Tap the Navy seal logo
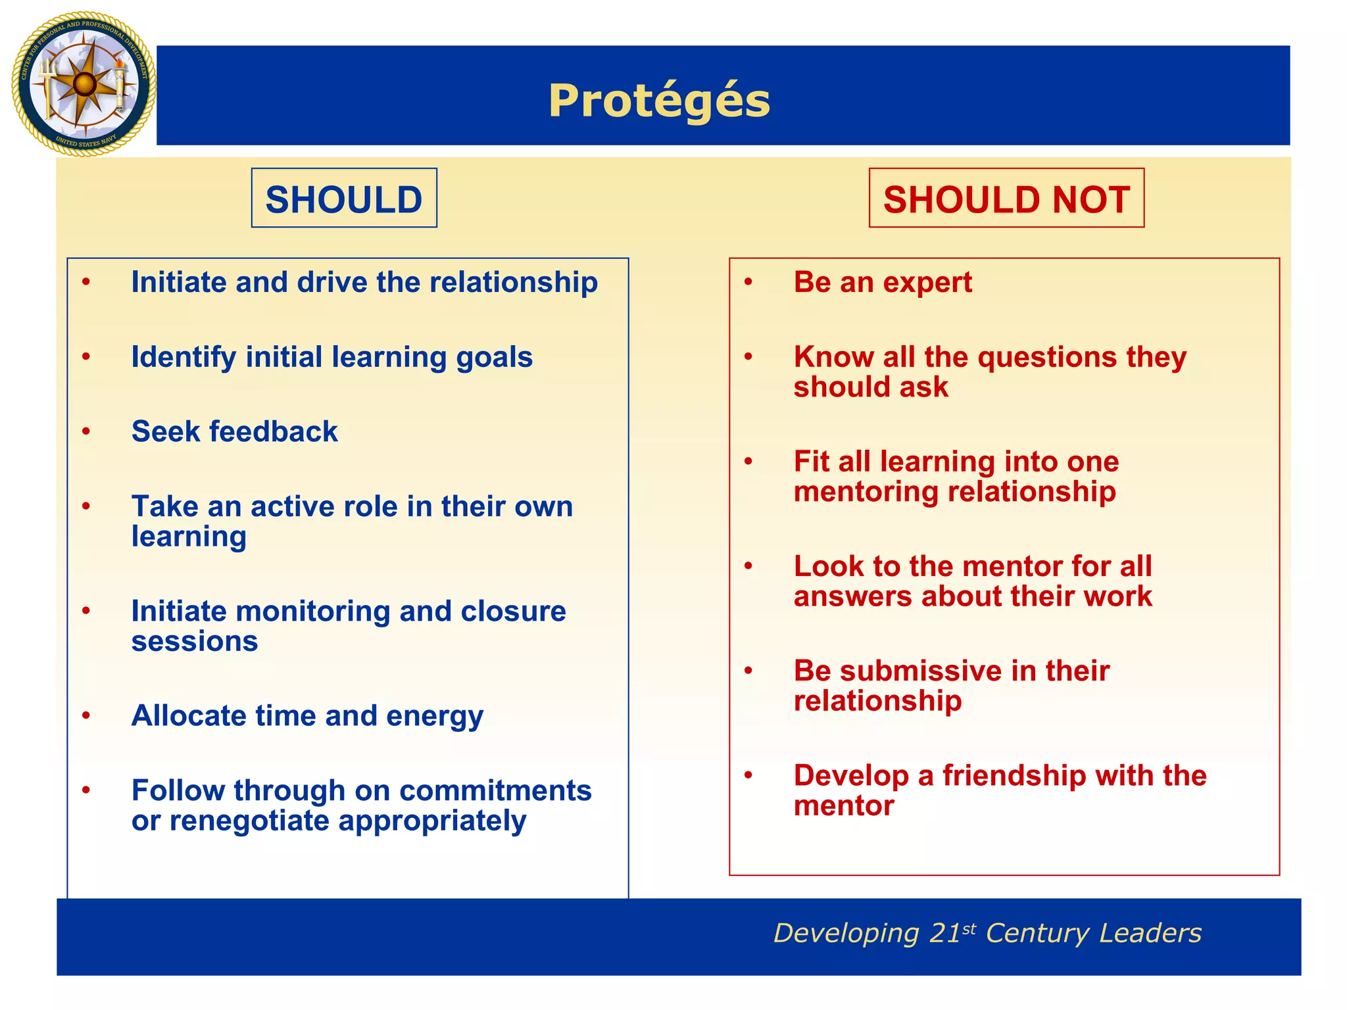pos(84,84)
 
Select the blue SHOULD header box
pos(344,199)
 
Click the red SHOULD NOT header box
pos(1006,199)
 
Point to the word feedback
pos(273,432)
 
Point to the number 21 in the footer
pos(944,934)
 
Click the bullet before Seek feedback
pos(86,431)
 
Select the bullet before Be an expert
pos(748,282)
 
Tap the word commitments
pos(495,791)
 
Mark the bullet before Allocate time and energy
pos(86,715)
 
